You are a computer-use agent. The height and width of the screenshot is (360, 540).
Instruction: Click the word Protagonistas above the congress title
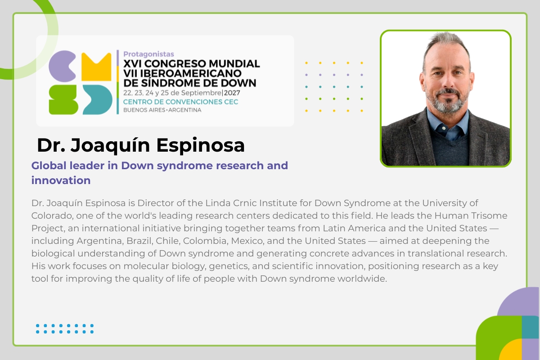pos(148,54)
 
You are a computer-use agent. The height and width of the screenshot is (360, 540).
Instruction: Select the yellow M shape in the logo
pos(96,67)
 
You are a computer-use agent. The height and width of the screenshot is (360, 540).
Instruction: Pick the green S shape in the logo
pos(63,99)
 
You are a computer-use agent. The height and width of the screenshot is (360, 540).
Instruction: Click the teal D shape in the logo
pos(98,99)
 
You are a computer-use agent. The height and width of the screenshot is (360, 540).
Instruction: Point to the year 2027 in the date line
pos(232,93)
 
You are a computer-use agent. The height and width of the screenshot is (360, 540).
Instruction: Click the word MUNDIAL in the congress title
pos(234,63)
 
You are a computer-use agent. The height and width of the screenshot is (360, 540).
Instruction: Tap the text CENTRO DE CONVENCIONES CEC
pos(180,102)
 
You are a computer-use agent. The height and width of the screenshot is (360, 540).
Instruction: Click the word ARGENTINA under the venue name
pos(184,110)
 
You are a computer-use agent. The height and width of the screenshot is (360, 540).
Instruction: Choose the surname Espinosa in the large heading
pos(200,145)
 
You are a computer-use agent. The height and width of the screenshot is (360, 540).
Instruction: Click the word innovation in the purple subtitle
pos(61,180)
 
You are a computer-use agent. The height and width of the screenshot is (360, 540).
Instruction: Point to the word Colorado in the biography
pos(52,216)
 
